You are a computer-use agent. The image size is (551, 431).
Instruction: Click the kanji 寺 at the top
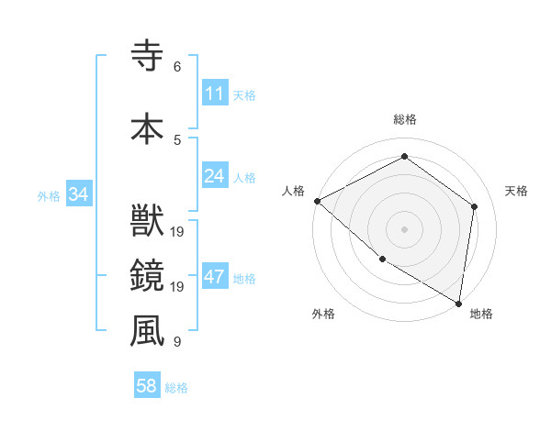tap(147, 56)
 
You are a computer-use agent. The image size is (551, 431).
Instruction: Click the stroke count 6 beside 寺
tap(176, 66)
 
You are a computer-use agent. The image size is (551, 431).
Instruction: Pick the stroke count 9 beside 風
tap(176, 342)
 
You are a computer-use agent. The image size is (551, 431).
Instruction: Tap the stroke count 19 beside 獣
tap(178, 232)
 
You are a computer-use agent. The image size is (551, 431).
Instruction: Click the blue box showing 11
tap(215, 94)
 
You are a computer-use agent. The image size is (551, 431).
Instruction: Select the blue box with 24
tap(215, 175)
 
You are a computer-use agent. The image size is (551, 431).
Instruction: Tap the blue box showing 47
tap(215, 278)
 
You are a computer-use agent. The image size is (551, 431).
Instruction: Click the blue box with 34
tap(79, 194)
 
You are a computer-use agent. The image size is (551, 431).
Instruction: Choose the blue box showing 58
tap(147, 387)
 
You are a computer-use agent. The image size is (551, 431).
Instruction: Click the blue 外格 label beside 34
tap(49, 195)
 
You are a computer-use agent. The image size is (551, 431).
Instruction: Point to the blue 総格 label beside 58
tap(176, 388)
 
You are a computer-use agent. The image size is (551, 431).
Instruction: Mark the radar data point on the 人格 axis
tap(317, 201)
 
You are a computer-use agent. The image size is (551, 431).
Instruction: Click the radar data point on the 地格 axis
tap(458, 303)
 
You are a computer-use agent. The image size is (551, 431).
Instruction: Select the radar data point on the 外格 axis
tap(382, 260)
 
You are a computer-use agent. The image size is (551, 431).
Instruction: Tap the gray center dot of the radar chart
tap(404, 228)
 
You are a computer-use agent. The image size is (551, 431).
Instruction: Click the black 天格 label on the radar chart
tap(517, 191)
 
